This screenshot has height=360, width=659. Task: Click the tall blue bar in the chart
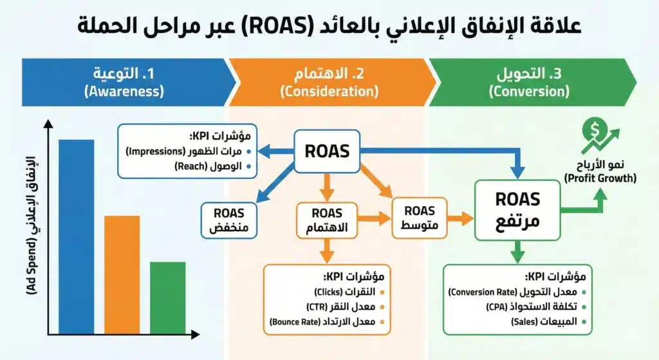point(76,236)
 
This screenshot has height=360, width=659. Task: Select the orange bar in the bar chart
point(122,274)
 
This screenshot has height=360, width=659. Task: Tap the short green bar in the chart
point(167,296)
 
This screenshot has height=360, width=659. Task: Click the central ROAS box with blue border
point(327,151)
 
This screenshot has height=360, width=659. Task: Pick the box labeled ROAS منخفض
point(229,220)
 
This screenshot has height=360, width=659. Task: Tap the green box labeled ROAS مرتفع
point(517,211)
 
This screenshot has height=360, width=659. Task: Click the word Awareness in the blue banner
point(124,91)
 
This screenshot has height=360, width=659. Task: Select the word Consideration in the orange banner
point(329,91)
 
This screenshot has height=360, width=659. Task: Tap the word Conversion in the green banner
point(528,91)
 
